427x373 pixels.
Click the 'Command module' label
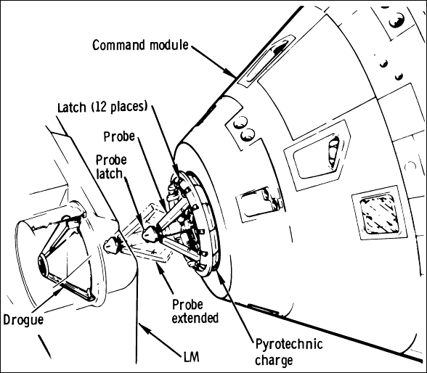click(140, 45)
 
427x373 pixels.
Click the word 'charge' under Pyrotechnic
click(288, 358)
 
